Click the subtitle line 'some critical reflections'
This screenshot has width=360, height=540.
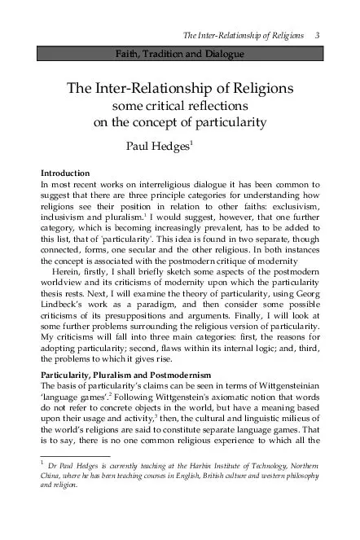(180, 106)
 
